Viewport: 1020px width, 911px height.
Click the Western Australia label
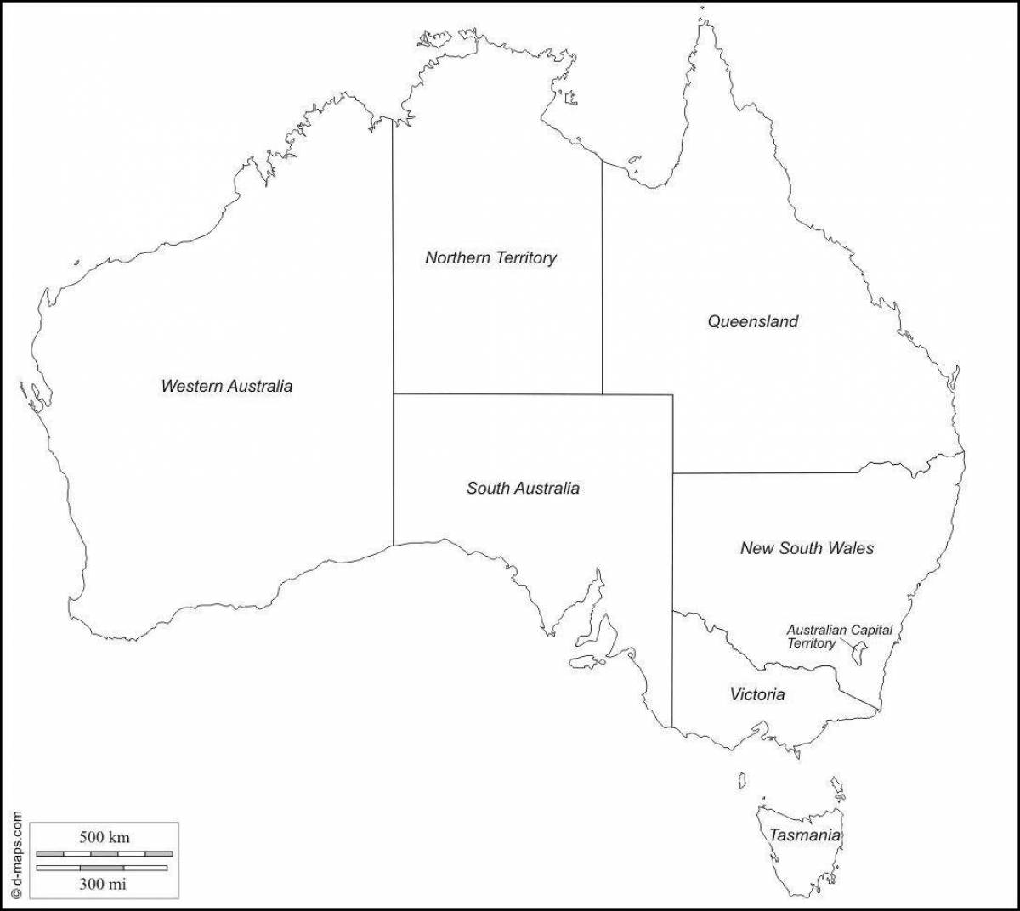pos(227,386)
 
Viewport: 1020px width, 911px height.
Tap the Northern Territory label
pos(490,257)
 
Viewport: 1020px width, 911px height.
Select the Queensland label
pos(753,321)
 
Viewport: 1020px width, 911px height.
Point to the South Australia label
pos(523,488)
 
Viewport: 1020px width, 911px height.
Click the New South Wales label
pos(807,548)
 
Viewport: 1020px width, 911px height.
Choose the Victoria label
pos(757,694)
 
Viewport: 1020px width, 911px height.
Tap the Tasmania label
pos(805,835)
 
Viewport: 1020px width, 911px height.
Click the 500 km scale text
pos(105,837)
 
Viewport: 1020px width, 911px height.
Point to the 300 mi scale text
pos(103,884)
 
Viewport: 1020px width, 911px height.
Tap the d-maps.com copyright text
pos(16,853)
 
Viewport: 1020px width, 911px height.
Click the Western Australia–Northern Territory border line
pos(393,255)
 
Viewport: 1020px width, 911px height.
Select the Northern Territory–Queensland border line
pos(603,280)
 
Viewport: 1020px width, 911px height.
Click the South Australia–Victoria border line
pos(673,671)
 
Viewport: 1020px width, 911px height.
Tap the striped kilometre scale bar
pos(105,852)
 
